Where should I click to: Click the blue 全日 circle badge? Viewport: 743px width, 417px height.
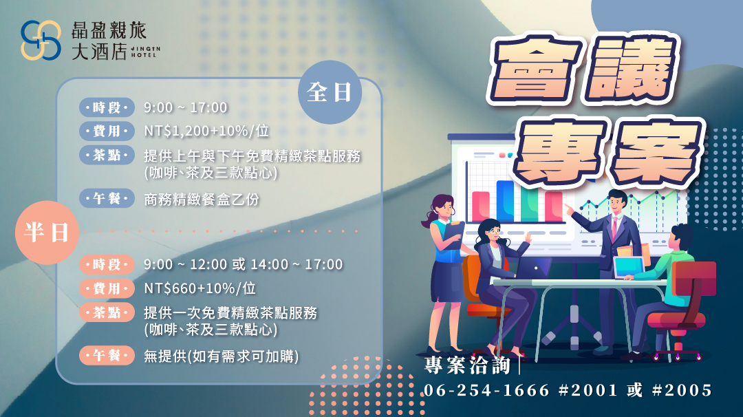click(x=330, y=92)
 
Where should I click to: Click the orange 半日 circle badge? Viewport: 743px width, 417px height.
click(x=47, y=232)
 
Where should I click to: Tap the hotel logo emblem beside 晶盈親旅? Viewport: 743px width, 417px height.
click(x=41, y=41)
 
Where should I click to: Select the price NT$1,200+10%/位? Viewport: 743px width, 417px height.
click(x=206, y=131)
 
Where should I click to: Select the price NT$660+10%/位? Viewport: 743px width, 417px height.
click(x=200, y=288)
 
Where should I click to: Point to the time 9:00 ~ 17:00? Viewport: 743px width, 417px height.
click(x=186, y=107)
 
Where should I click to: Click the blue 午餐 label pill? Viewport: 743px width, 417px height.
click(x=107, y=199)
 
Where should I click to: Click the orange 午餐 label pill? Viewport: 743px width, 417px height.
click(x=107, y=355)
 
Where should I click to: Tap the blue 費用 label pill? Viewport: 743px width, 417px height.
click(x=107, y=131)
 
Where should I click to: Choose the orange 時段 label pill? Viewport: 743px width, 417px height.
click(x=107, y=264)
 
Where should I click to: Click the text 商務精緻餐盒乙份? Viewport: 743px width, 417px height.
click(x=202, y=200)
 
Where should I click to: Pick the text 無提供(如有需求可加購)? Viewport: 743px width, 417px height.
click(x=222, y=356)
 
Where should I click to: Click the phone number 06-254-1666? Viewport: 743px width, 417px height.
click(x=486, y=390)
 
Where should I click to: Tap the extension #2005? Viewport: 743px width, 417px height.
click(x=682, y=390)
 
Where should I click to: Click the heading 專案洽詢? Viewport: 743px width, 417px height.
click(x=467, y=365)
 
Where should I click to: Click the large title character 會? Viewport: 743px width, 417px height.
click(x=536, y=71)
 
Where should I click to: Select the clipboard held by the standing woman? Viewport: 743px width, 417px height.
click(x=453, y=235)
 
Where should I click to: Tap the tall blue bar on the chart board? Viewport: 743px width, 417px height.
click(x=505, y=201)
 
